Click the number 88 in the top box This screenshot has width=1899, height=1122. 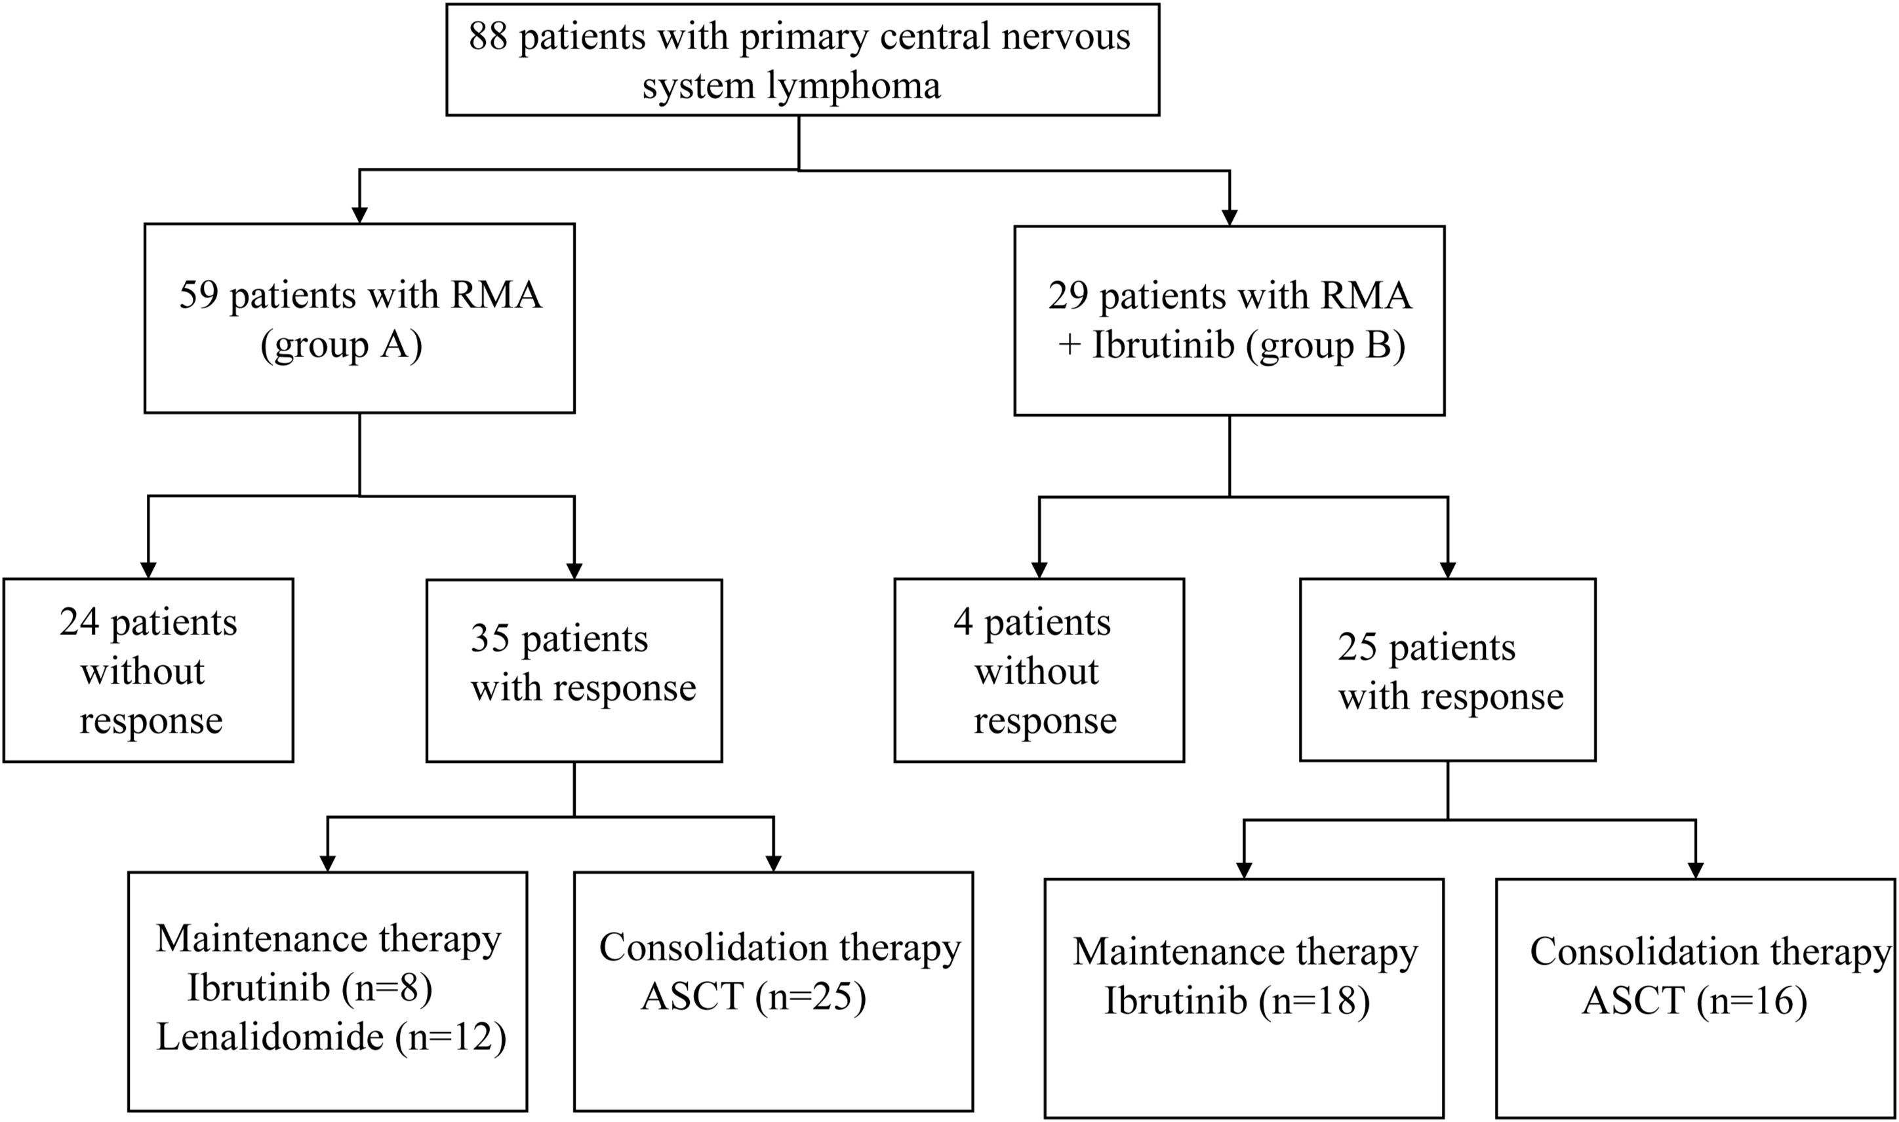(488, 36)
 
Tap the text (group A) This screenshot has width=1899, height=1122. (342, 346)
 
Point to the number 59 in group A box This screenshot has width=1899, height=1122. (198, 295)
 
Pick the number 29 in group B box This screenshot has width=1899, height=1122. (1067, 295)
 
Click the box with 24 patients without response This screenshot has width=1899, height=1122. (148, 670)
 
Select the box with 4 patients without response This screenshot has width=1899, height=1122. (1039, 670)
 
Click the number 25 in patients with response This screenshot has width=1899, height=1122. (1357, 648)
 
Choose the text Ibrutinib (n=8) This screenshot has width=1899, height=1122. (310, 988)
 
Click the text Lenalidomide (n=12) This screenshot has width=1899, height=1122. (331, 1037)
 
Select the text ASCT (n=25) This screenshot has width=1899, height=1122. (753, 996)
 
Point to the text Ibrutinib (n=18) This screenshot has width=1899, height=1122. (1237, 1001)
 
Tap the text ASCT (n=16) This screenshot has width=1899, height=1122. (1695, 1001)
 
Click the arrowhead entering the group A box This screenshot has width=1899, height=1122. (360, 215)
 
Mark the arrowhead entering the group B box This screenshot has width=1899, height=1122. (1229, 217)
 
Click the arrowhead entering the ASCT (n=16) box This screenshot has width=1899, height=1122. (1696, 870)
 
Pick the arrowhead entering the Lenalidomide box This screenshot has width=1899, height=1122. (327, 864)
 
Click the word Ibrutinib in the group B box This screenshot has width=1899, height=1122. (1163, 346)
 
